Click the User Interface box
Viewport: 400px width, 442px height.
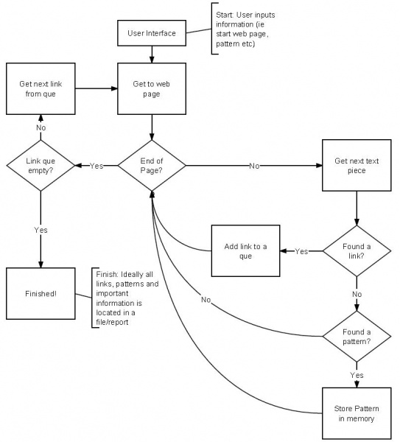(151, 32)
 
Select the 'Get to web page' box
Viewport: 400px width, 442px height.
(151, 88)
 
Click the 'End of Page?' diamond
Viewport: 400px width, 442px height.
(151, 166)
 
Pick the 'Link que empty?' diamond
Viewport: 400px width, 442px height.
(40, 166)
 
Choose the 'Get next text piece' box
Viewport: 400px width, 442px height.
(357, 166)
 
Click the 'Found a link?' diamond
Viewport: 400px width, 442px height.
(357, 251)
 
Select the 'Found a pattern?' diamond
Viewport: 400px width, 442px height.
(357, 336)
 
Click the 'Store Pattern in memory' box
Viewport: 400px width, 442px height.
(357, 410)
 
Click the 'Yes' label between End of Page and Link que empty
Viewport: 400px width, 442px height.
(97, 166)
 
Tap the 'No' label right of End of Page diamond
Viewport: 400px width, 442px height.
(253, 166)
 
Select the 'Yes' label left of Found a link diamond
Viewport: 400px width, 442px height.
(301, 251)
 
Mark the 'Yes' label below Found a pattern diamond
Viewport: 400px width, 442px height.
(357, 374)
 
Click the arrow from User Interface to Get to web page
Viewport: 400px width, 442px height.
(151, 53)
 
